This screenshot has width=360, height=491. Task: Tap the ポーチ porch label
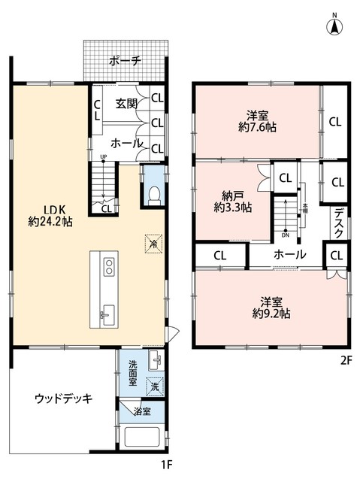124,62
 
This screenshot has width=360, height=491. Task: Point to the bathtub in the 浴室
144,441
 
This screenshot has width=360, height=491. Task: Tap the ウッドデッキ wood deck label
63,399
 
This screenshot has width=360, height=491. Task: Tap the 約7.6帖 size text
257,129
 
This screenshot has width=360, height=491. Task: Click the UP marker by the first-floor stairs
102,157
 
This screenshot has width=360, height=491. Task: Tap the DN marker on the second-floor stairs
286,233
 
